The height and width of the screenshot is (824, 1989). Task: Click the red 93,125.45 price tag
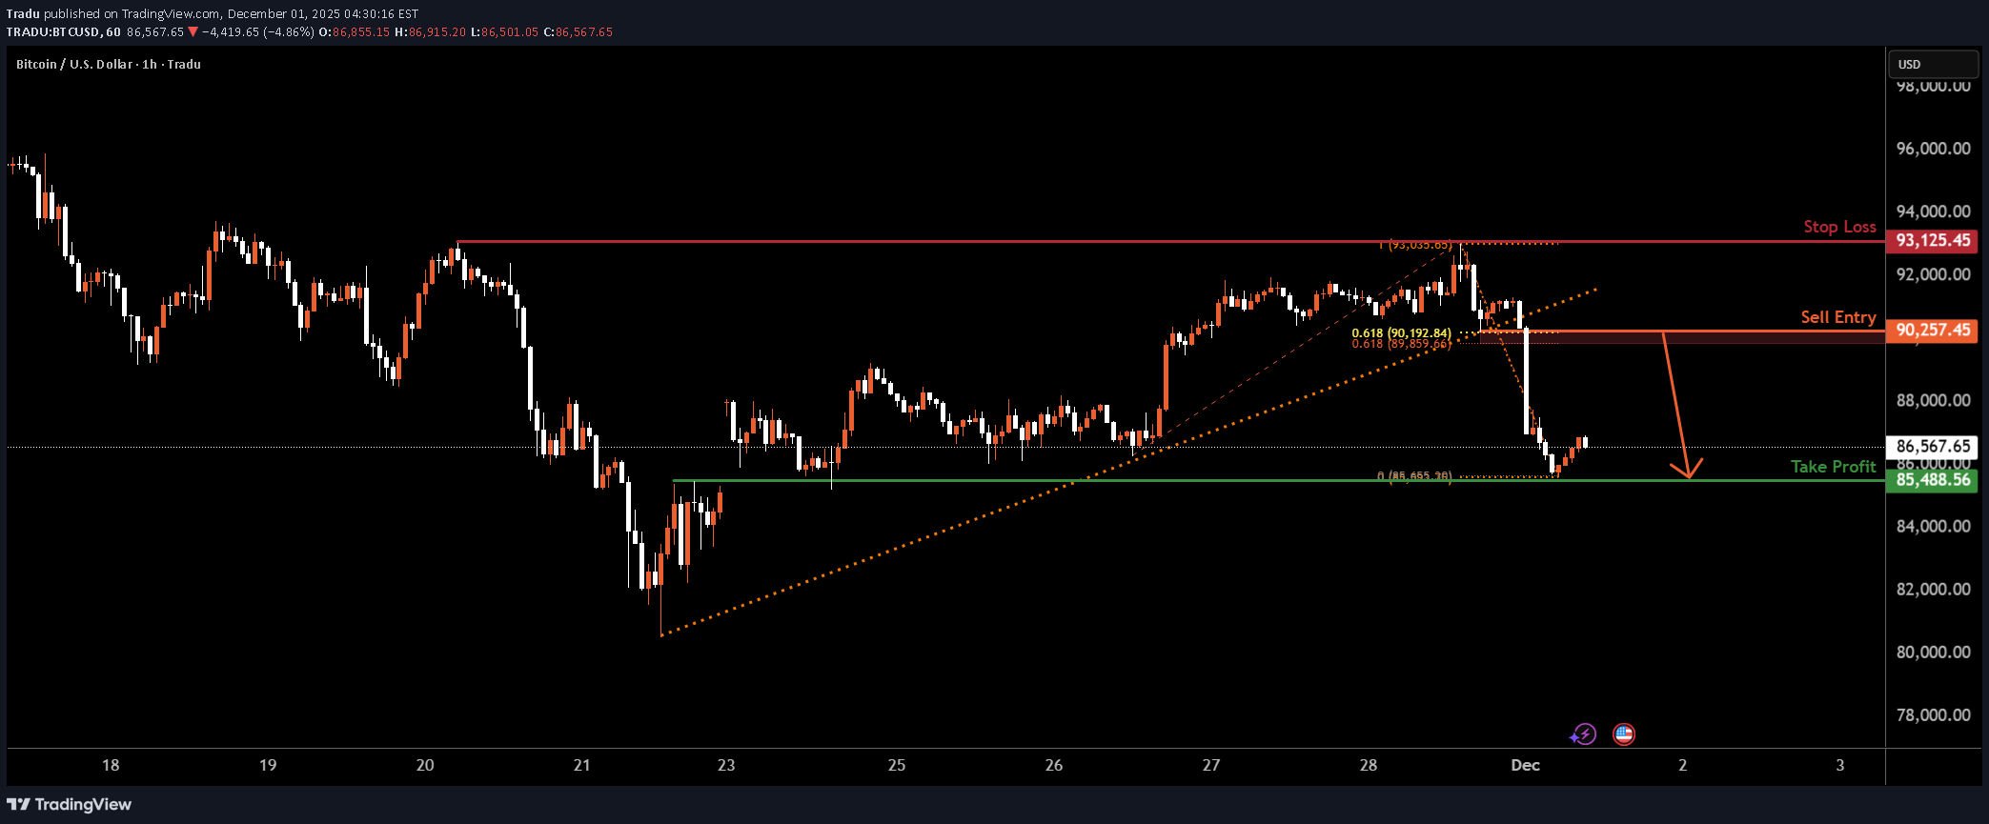pyautogui.click(x=1932, y=240)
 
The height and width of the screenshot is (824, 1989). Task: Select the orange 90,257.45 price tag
pyautogui.click(x=1932, y=330)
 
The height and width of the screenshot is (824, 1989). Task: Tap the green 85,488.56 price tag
pyautogui.click(x=1932, y=479)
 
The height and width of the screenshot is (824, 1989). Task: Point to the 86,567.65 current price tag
pyautogui.click(x=1932, y=446)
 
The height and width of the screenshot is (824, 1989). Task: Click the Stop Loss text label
pyautogui.click(x=1839, y=227)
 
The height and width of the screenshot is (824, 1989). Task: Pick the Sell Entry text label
pyautogui.click(x=1837, y=317)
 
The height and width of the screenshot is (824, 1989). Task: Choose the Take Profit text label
pyautogui.click(x=1833, y=466)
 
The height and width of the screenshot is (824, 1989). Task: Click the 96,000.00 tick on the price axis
pyautogui.click(x=1933, y=149)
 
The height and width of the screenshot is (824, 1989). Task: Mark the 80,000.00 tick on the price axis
pyautogui.click(x=1933, y=653)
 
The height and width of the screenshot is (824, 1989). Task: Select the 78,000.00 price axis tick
pyautogui.click(x=1933, y=715)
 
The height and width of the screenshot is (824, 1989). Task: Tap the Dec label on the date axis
pyautogui.click(x=1525, y=765)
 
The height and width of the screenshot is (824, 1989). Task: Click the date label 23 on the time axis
pyautogui.click(x=726, y=765)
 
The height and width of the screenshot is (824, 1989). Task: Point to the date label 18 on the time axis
pyautogui.click(x=111, y=765)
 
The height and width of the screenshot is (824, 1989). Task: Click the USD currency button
pyautogui.click(x=1933, y=64)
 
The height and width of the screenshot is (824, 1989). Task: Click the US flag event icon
pyautogui.click(x=1623, y=734)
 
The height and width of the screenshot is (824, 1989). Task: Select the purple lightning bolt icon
pyautogui.click(x=1583, y=734)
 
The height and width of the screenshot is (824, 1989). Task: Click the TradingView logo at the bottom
pyautogui.click(x=70, y=804)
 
